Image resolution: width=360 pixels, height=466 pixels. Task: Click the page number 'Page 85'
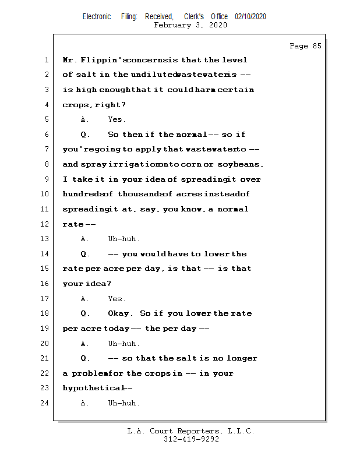[x=305, y=46]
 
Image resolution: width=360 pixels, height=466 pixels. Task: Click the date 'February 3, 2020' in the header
[x=190, y=25]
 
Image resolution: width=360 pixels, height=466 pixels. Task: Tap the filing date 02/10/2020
[x=250, y=17]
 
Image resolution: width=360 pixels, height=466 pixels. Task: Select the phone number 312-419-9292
[x=191, y=439]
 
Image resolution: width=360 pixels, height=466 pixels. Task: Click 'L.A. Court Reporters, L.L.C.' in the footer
[x=190, y=431]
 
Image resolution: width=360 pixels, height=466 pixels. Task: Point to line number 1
[x=46, y=60]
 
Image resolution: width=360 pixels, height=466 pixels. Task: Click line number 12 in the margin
[x=44, y=224]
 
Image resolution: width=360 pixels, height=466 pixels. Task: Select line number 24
[x=44, y=403]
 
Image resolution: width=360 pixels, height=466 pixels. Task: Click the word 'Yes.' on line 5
[x=117, y=120]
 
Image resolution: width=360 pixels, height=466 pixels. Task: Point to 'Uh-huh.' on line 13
[x=123, y=239]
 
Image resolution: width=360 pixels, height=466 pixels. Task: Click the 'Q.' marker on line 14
[x=85, y=254]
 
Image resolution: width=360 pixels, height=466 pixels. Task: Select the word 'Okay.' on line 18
[x=121, y=313]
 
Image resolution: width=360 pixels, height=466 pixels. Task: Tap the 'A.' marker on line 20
[x=85, y=344]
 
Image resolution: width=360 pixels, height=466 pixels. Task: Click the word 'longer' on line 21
[x=242, y=358]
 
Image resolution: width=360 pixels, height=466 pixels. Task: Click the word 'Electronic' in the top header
[x=97, y=17]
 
